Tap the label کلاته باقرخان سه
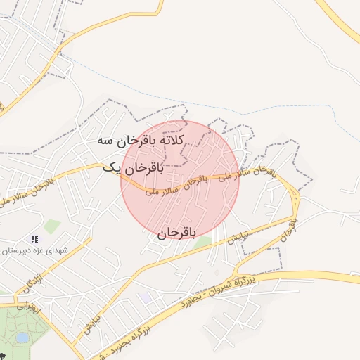tap(140, 141)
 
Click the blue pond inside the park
tap(22, 337)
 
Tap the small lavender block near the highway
tap(146, 297)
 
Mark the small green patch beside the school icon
tap(52, 226)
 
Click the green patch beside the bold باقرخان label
tap(202, 243)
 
